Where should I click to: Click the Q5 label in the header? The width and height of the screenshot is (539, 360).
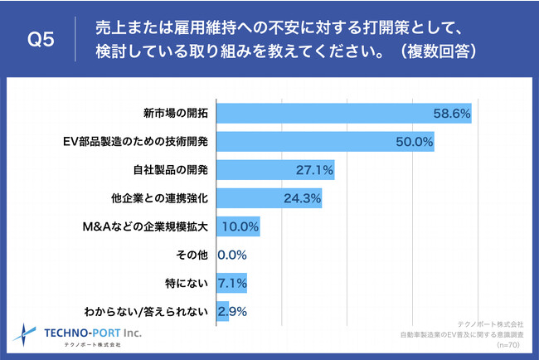(x=41, y=40)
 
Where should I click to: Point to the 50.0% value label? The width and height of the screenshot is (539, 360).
(x=415, y=142)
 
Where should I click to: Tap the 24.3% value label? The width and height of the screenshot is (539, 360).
(x=301, y=198)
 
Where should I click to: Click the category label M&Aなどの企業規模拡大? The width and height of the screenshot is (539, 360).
(x=148, y=226)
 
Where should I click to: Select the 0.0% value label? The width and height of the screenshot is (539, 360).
(x=232, y=255)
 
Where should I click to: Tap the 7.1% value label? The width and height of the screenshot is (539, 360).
(x=232, y=284)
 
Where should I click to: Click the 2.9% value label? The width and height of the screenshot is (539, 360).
(x=232, y=312)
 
